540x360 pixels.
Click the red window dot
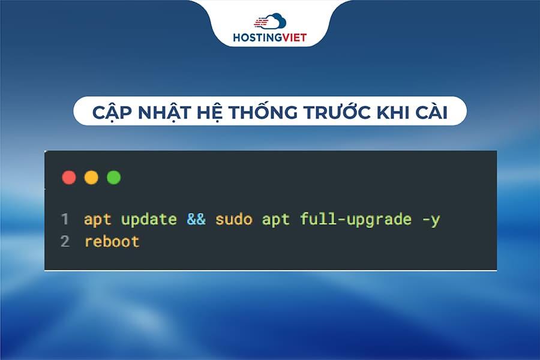tap(69, 178)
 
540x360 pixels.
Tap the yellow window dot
tap(91, 178)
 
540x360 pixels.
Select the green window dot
tap(113, 178)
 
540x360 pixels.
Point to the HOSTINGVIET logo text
tap(269, 38)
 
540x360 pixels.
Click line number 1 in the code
tap(64, 220)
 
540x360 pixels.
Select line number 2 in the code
tap(65, 242)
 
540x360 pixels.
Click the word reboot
tap(112, 242)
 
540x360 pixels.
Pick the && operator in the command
tap(196, 220)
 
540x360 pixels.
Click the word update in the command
tap(149, 220)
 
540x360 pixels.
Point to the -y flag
tap(431, 220)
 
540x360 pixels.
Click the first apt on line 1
tap(97, 220)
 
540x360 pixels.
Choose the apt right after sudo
tap(275, 220)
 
